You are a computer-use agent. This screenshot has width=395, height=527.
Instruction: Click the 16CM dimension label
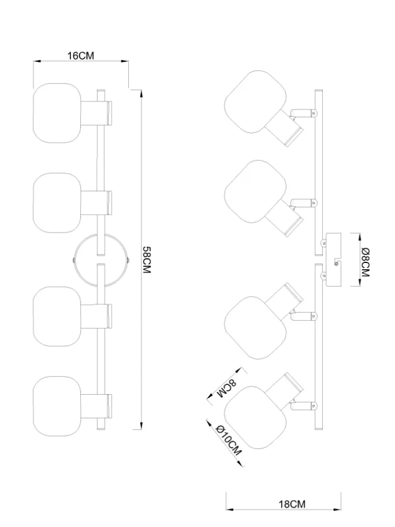tap(81, 56)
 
